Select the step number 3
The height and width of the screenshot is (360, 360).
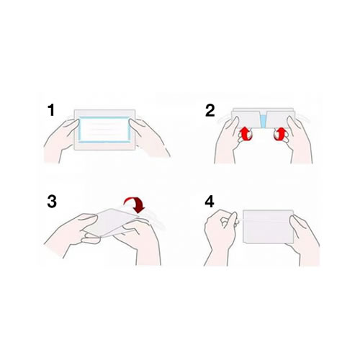[52, 202]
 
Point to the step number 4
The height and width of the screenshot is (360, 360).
[210, 202]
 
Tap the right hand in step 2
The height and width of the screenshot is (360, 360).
[292, 144]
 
